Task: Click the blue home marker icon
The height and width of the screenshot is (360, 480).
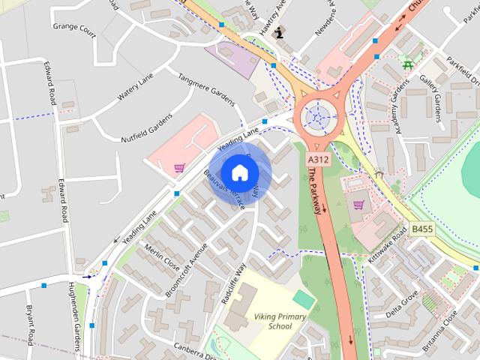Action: [239, 172]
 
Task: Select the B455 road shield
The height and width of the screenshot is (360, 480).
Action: [422, 229]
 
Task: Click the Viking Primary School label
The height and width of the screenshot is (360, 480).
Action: [279, 322]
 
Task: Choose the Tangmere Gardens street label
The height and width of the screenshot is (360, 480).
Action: [206, 89]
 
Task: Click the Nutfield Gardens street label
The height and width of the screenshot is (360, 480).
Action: [147, 127]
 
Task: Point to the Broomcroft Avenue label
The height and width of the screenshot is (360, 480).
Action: [186, 269]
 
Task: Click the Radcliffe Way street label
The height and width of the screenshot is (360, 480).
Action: [235, 283]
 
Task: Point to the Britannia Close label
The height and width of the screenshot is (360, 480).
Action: [439, 331]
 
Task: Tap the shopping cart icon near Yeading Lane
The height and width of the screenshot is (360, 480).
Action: [178, 168]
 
